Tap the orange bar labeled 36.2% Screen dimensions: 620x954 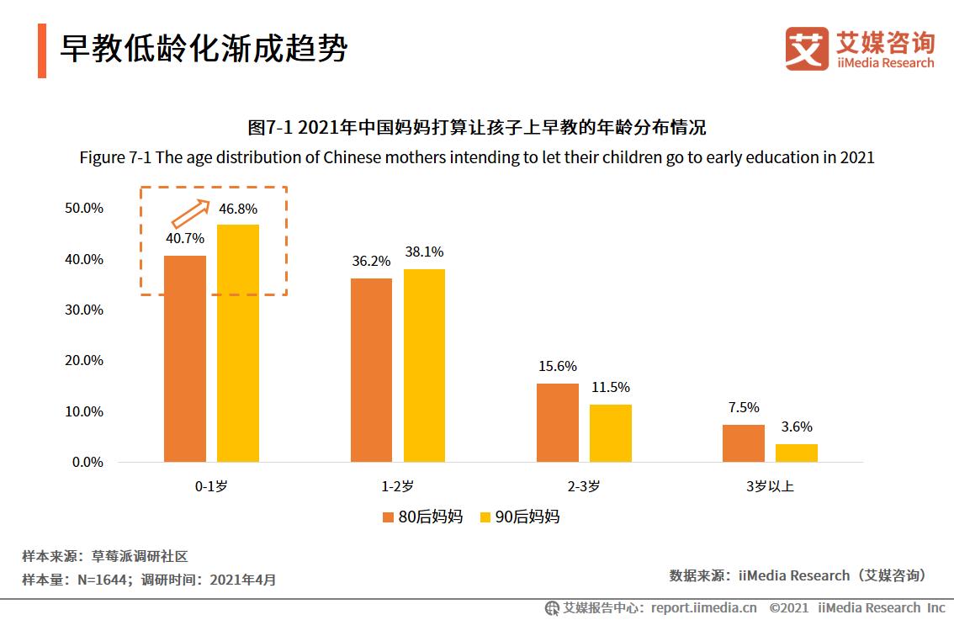[372, 370]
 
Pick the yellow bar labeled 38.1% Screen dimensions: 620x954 [424, 365]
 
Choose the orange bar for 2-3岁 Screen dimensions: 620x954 [558, 422]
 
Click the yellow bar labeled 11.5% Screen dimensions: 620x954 [610, 433]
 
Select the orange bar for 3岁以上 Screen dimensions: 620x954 [744, 443]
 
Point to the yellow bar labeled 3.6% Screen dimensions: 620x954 [796, 453]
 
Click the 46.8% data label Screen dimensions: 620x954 [238, 209]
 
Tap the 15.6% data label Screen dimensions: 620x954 [558, 367]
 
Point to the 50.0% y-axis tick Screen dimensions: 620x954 [84, 209]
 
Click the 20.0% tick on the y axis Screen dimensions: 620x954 [84, 361]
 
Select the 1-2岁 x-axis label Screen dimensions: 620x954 [397, 487]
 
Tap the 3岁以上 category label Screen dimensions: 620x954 [770, 487]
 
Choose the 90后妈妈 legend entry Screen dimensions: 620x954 [519, 517]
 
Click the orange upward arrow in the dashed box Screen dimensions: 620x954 [190, 214]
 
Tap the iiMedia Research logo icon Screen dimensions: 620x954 [807, 48]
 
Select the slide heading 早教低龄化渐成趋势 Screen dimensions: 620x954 [203, 49]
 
